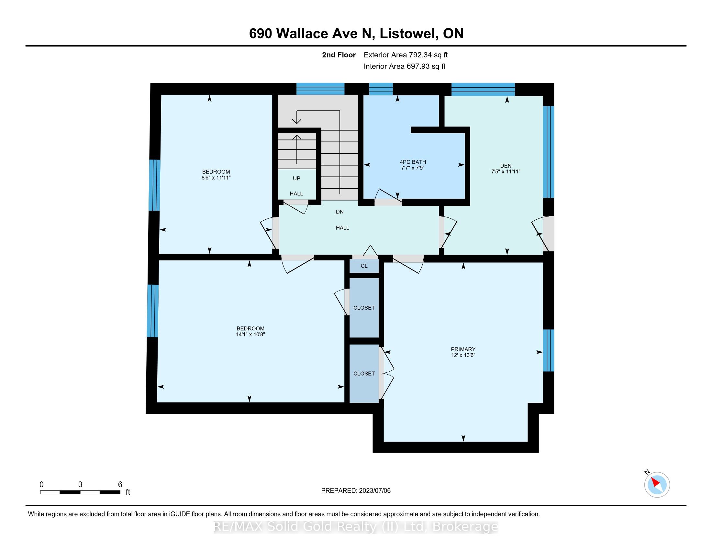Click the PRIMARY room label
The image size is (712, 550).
point(463,349)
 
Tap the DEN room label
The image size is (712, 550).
point(506,166)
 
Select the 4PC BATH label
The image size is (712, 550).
point(413,162)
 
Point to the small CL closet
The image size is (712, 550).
point(364,266)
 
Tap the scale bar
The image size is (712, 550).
point(80,492)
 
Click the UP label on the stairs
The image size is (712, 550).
point(296,178)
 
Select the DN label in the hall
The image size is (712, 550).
point(340,212)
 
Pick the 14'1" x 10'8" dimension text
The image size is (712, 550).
point(250,334)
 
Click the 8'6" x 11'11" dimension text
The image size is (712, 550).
point(216,178)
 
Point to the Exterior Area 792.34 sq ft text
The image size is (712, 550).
point(406,55)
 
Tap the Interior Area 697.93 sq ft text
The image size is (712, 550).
point(405,66)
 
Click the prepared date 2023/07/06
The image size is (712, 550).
point(374,491)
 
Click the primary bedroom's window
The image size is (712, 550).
point(549,350)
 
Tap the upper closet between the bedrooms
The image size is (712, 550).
point(364,308)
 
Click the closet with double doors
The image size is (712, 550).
point(364,373)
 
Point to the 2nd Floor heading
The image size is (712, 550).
point(339,55)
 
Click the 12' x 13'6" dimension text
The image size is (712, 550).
point(463,355)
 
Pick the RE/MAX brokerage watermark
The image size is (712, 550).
point(356,526)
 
